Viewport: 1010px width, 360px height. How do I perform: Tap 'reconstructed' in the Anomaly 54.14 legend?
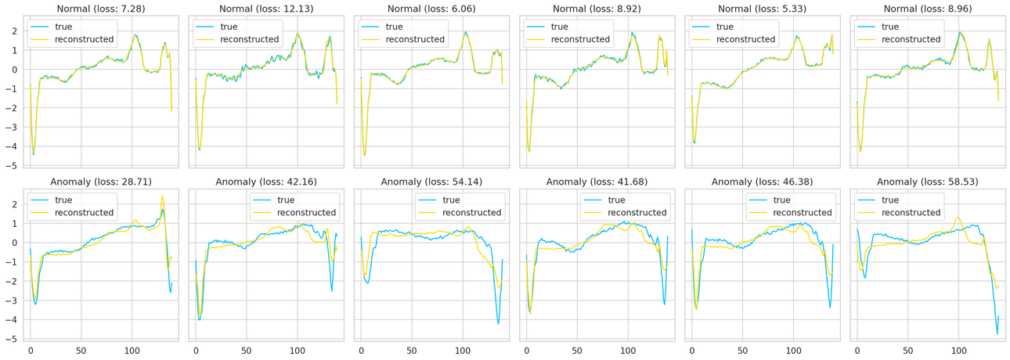(472, 213)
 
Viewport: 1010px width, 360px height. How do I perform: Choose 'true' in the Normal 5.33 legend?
(727, 27)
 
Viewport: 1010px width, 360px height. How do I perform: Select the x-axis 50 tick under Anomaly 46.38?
(742, 350)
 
